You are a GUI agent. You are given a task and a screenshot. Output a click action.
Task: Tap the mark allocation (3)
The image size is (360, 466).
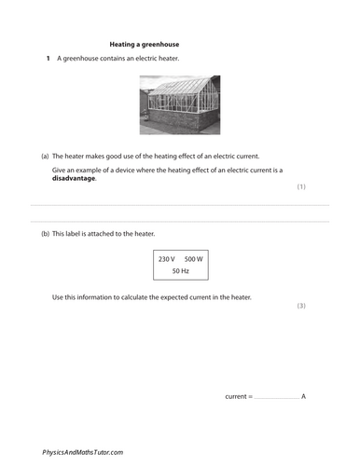[x=300, y=306]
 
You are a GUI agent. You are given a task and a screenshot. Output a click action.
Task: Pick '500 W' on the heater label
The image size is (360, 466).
[x=194, y=257]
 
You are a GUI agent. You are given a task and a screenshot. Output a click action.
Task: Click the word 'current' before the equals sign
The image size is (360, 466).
[x=237, y=396]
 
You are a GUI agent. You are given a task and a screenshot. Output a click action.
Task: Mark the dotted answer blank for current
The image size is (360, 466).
[x=277, y=397]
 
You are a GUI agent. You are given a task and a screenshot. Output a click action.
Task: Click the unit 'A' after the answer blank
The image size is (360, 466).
[x=304, y=396]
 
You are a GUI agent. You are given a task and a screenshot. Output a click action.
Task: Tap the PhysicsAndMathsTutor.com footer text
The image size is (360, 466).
[x=83, y=451]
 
